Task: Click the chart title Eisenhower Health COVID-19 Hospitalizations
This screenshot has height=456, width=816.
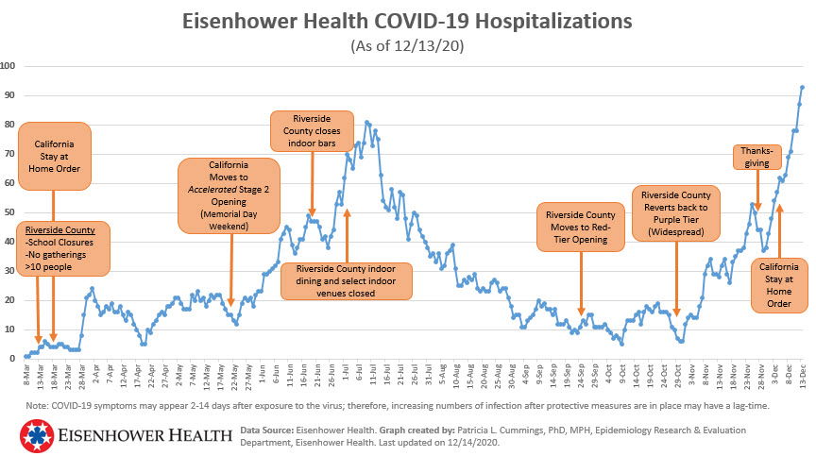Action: pyautogui.click(x=408, y=21)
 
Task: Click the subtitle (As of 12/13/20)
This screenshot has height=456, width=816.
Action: pyautogui.click(x=407, y=45)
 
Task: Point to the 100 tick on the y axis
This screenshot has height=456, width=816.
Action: pyautogui.click(x=8, y=66)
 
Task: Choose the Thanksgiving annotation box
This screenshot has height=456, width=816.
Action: pyautogui.click(x=757, y=157)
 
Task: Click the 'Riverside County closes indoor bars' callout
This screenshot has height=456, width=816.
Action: pyautogui.click(x=312, y=130)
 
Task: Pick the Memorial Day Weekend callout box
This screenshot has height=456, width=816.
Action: pyautogui.click(x=229, y=194)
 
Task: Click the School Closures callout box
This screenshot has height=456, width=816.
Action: pyautogui.click(x=65, y=247)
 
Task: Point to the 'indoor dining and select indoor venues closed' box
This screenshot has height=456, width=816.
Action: pyautogui.click(x=347, y=280)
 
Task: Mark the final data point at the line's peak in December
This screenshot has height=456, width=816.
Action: pyautogui.click(x=802, y=87)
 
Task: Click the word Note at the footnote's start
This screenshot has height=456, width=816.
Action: pyautogui.click(x=38, y=406)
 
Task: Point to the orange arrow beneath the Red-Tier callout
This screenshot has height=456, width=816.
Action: pyautogui.click(x=582, y=284)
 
